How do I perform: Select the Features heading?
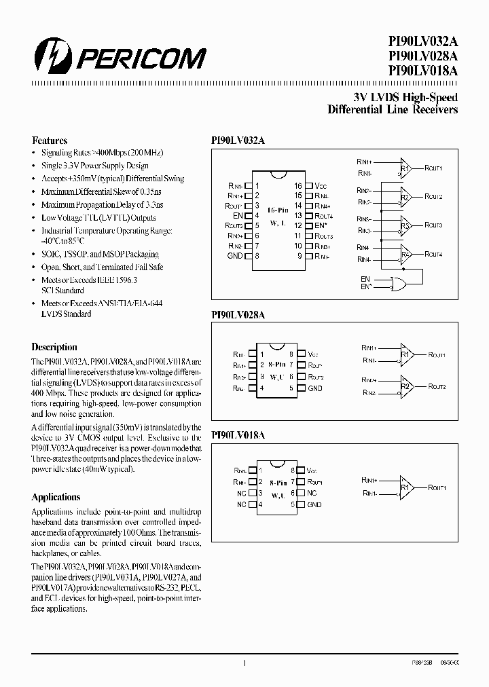[x=50, y=141]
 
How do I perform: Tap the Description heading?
[x=54, y=347]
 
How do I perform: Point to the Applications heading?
[x=56, y=497]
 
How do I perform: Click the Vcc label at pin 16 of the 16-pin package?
[x=320, y=185]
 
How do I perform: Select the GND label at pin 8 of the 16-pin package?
[x=234, y=256]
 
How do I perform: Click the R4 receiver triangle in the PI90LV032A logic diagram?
[x=405, y=254]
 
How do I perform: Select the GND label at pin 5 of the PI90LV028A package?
[x=314, y=388]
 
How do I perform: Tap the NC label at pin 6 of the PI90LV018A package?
[x=312, y=494]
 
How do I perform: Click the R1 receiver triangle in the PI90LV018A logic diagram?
[x=405, y=487]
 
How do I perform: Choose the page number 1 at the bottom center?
[x=244, y=664]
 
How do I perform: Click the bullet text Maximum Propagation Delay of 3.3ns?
[x=102, y=204]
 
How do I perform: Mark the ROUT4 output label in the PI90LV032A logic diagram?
[x=433, y=254]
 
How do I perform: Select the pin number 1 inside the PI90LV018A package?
[x=262, y=470]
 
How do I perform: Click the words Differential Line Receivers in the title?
[x=393, y=109]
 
